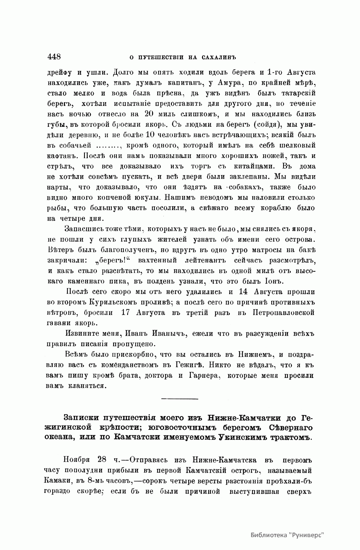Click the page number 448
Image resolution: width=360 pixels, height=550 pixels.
(54, 57)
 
